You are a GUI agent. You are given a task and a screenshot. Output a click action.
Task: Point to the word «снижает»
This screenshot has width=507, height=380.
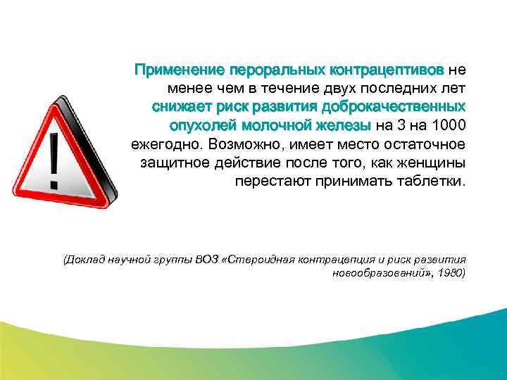click(x=181, y=108)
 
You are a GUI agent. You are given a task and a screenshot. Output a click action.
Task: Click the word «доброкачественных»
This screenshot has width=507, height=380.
click(x=393, y=108)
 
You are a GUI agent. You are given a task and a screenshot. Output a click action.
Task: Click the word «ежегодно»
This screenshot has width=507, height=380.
click(x=165, y=144)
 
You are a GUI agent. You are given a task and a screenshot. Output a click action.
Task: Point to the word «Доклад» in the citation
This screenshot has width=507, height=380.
click(x=85, y=259)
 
